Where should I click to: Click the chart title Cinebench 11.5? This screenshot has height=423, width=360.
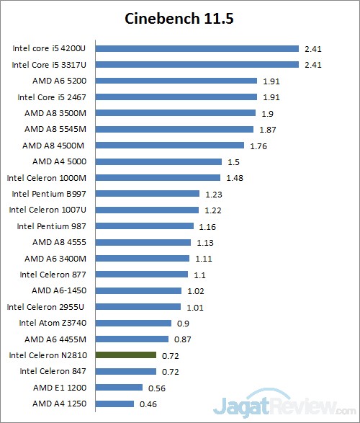(x=179, y=17)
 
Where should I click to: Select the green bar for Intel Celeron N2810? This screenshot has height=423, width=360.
(x=126, y=355)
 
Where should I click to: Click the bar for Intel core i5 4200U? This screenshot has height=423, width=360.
(x=197, y=49)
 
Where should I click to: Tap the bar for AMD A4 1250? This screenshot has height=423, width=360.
(x=114, y=404)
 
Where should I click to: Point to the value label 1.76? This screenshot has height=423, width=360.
(x=258, y=146)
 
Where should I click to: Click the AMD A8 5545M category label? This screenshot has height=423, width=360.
(x=55, y=129)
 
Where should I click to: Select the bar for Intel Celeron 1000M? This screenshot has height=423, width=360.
(x=158, y=177)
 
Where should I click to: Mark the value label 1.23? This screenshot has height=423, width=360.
(x=212, y=194)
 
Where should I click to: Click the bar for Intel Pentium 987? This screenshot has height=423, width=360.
(x=145, y=226)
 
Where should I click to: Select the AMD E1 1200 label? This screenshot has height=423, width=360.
(x=60, y=388)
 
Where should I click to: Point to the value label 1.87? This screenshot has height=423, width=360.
(x=266, y=130)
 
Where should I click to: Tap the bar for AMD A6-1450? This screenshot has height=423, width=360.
(x=138, y=290)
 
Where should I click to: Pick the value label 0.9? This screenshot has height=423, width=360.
(x=182, y=323)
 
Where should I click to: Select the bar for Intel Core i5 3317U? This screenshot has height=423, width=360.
(x=197, y=65)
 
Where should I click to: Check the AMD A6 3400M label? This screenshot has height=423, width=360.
(x=55, y=258)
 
